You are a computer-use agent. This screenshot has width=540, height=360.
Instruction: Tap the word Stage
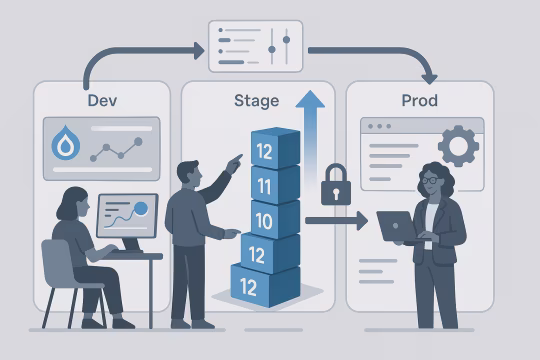click(x=257, y=101)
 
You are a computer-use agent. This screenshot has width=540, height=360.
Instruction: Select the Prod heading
click(x=420, y=101)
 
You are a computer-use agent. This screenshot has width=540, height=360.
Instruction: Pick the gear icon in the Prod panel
click(x=458, y=146)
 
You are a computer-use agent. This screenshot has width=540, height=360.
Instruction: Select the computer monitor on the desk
click(x=127, y=217)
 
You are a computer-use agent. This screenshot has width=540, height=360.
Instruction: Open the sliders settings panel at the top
click(x=254, y=46)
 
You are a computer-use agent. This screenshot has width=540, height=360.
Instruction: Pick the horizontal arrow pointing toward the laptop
click(x=336, y=220)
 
